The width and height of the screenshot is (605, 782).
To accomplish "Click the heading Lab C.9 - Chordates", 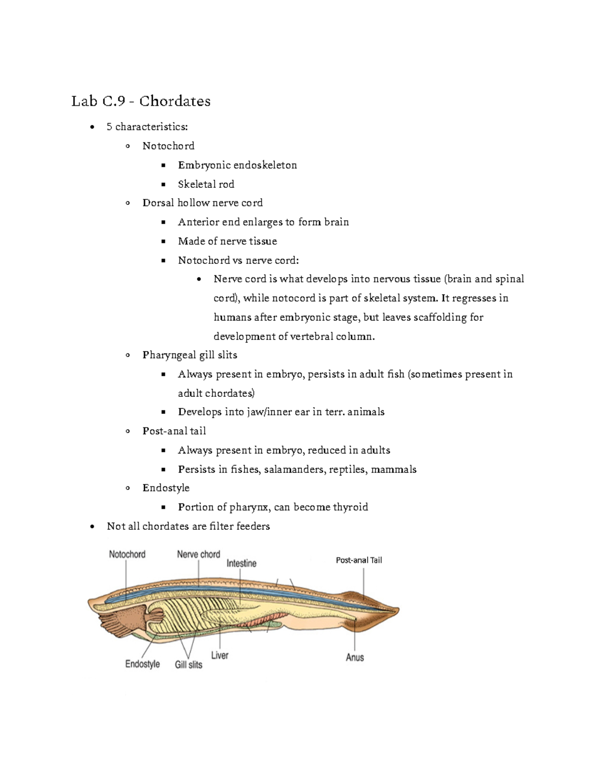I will coord(141,101).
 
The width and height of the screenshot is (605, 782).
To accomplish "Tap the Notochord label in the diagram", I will coord(127,554).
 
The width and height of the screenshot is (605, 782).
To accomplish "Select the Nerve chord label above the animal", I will coord(198,554).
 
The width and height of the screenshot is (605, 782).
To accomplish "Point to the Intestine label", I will coord(241,563).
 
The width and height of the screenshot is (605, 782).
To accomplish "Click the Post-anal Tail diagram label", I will coord(358,560).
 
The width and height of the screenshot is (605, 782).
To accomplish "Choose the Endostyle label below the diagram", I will coord(142,664).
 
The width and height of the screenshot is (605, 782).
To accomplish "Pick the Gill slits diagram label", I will coord(188,665).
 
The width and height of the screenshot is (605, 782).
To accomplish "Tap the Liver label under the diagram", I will coord(219,655).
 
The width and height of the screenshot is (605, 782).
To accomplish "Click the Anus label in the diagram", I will coord(354,657).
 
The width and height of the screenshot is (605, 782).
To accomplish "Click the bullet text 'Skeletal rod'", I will coord(206,184).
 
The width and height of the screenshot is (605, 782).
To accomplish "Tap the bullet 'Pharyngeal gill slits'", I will coord(190,355).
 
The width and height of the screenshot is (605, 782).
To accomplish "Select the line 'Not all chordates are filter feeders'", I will coord(188,526).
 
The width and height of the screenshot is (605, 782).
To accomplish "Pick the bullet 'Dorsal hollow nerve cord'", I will coord(202,203).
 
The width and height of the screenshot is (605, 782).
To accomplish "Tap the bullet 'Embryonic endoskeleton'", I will coord(237,165).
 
